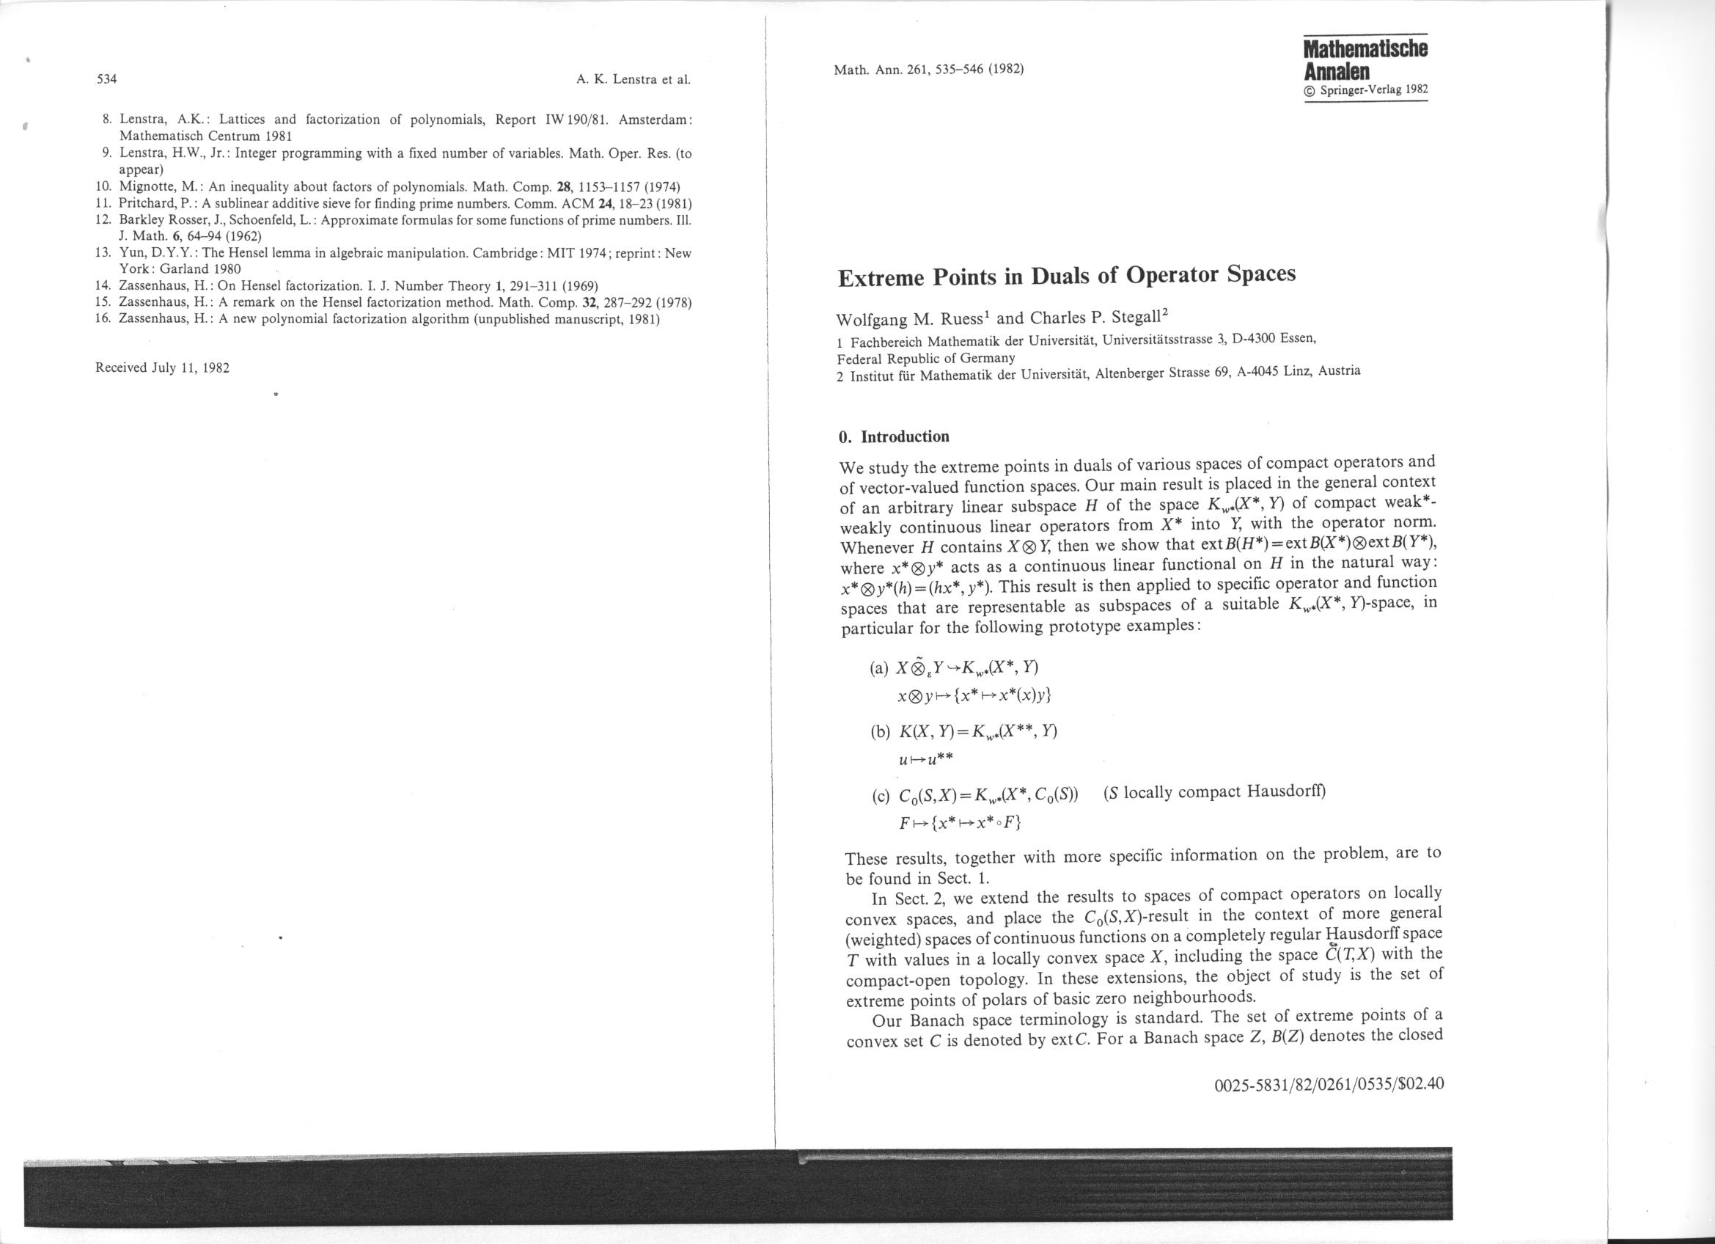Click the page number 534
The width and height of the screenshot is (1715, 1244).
pyautogui.click(x=104, y=79)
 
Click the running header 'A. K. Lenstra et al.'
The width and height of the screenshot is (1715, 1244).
pyautogui.click(x=633, y=78)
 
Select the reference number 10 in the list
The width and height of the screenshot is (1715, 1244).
pyautogui.click(x=103, y=186)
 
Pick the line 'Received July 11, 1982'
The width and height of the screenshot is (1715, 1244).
pyautogui.click(x=163, y=368)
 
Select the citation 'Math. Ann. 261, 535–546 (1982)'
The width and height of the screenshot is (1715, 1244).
pyautogui.click(x=928, y=70)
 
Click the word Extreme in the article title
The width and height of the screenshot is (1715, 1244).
pyautogui.click(x=879, y=278)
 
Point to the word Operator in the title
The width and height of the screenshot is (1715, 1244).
pyautogui.click(x=1172, y=274)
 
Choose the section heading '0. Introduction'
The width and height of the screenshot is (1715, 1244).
pyautogui.click(x=894, y=437)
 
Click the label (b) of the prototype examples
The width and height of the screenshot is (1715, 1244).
pyautogui.click(x=880, y=732)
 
